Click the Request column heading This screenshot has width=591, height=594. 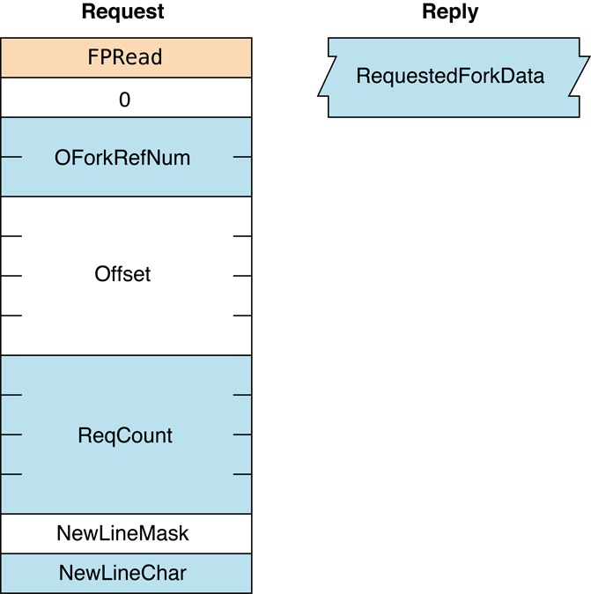pyautogui.click(x=122, y=12)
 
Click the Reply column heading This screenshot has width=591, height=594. pyautogui.click(x=450, y=12)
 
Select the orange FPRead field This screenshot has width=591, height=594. pyautogui.click(x=125, y=58)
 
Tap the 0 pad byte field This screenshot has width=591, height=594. pyautogui.click(x=125, y=100)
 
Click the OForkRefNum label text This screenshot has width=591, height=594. pyautogui.click(x=122, y=158)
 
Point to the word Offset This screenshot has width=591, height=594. pyautogui.click(x=122, y=274)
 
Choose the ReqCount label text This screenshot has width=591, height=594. pyautogui.click(x=125, y=435)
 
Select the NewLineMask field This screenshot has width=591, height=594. pyautogui.click(x=122, y=533)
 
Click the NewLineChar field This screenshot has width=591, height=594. pyautogui.click(x=122, y=573)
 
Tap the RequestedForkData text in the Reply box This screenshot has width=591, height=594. pyautogui.click(x=450, y=77)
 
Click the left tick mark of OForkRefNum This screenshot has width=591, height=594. pyautogui.click(x=11, y=158)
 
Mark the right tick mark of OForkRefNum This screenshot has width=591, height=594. pyautogui.click(x=242, y=158)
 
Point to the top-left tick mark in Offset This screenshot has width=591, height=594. pyautogui.click(x=11, y=236)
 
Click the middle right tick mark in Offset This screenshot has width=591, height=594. pyautogui.click(x=242, y=276)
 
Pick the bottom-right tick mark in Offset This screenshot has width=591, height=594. pyautogui.click(x=242, y=316)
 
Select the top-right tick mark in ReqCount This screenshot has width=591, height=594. pyautogui.click(x=242, y=395)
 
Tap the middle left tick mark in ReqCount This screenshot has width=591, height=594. pyautogui.click(x=11, y=434)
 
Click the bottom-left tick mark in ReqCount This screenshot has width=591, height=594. pyautogui.click(x=11, y=474)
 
